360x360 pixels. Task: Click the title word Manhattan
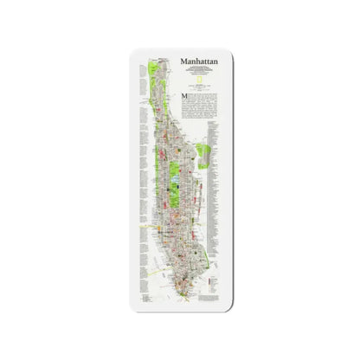tap(199, 61)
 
